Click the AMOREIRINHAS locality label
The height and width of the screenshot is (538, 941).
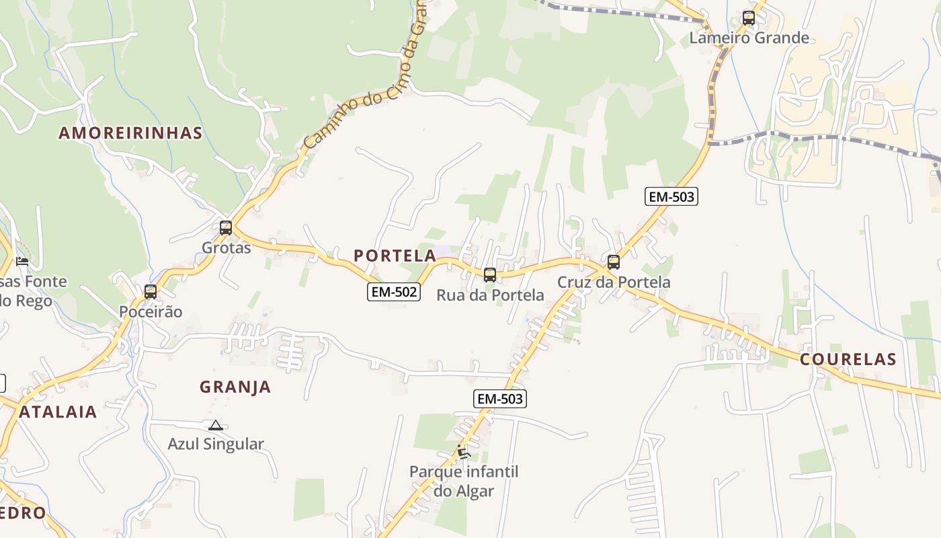[130, 132]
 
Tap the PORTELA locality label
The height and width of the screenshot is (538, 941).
[395, 256]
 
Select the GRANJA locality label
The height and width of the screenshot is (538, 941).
[235, 387]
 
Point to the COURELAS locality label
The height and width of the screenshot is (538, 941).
[848, 359]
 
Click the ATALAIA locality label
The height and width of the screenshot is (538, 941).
[58, 412]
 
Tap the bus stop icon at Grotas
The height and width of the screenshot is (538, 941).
[226, 228]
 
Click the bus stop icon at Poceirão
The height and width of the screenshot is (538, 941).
[151, 292]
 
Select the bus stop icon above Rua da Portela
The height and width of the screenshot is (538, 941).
[490, 274]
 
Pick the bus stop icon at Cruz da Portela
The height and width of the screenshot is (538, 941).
[614, 262]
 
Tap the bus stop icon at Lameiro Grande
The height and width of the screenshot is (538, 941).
[749, 18]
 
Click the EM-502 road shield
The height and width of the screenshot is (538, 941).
[394, 292]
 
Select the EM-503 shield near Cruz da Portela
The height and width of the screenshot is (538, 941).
[671, 196]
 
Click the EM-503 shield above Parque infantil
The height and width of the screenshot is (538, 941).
[499, 399]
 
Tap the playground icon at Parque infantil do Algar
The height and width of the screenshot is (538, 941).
[463, 452]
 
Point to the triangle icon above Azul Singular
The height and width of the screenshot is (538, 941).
[215, 425]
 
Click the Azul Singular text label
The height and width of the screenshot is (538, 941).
[216, 444]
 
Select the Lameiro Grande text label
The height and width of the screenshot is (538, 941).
[749, 38]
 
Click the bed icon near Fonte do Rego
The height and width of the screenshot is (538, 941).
[22, 261]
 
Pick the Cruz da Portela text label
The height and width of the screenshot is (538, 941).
[614, 282]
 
